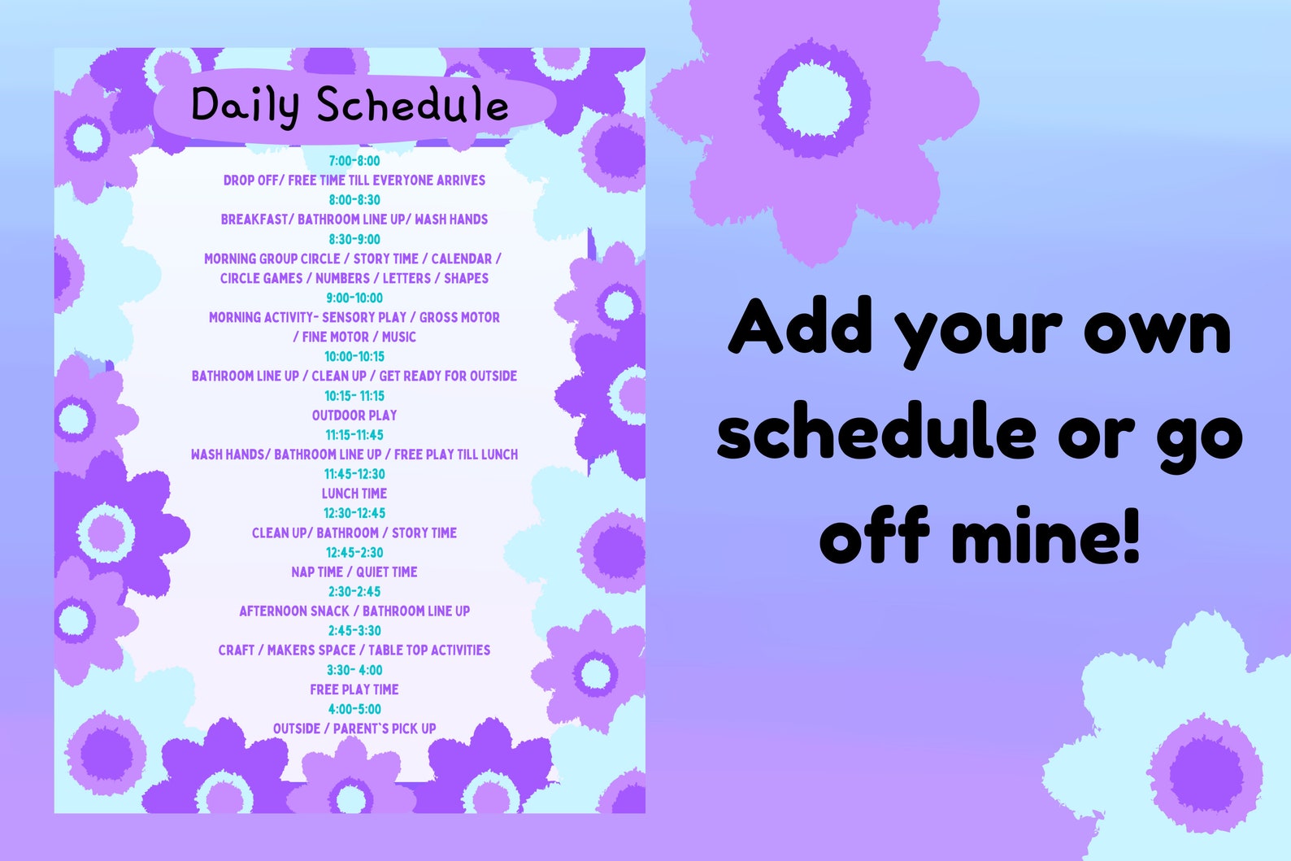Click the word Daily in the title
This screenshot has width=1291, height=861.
pos(245,107)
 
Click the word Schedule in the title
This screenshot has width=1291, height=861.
pos(412,107)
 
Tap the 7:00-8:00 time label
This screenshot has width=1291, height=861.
pos(354,161)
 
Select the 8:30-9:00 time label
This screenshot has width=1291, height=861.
pos(354,239)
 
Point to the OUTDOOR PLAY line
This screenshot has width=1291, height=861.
pos(354,415)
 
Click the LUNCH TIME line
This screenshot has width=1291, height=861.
pos(354,494)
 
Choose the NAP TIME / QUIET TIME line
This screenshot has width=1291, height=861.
pos(354,572)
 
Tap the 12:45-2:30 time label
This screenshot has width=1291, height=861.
pos(354,553)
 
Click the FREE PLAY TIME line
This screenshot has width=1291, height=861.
pos(354,689)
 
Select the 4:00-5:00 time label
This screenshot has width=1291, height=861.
pos(354,709)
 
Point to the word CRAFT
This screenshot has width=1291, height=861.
pos(236,650)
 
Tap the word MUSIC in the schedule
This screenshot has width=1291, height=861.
pos(398,337)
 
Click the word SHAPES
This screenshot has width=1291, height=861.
pos(466,278)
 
